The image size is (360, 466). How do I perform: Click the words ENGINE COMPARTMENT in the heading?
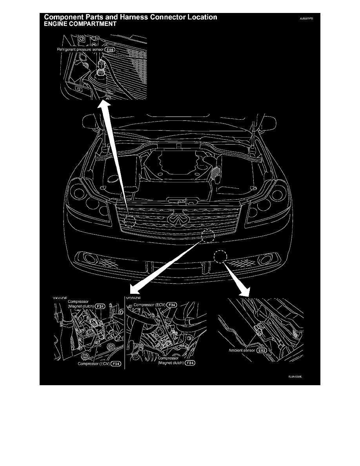coord(80,24)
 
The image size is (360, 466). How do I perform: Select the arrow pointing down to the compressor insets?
coord(165,267)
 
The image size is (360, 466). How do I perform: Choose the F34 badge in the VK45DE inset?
coord(115,364)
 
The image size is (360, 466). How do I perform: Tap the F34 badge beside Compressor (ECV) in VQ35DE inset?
coord(172,304)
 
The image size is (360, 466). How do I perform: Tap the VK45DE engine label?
coord(61,298)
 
